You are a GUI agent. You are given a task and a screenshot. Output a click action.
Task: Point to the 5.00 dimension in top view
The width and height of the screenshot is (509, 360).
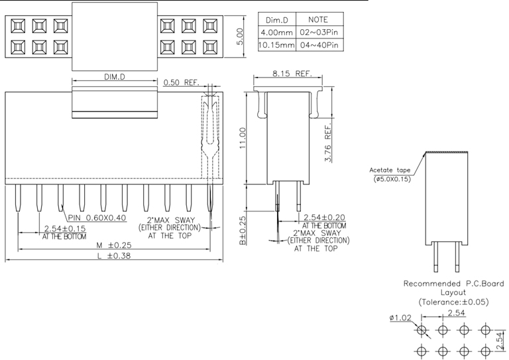point(241,36)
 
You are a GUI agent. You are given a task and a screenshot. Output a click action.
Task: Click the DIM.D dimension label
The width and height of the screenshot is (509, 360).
point(115,78)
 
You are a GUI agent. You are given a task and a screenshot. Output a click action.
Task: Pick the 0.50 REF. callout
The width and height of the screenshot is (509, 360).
point(180,83)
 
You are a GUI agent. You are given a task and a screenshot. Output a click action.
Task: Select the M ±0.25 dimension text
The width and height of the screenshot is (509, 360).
point(112,245)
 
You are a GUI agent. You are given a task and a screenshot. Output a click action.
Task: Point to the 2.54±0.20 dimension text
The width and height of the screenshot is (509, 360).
point(324,217)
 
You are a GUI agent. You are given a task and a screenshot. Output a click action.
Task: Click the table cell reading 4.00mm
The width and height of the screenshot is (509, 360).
point(274,32)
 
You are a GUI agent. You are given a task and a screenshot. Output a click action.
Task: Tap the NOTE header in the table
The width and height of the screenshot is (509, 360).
point(318,20)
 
